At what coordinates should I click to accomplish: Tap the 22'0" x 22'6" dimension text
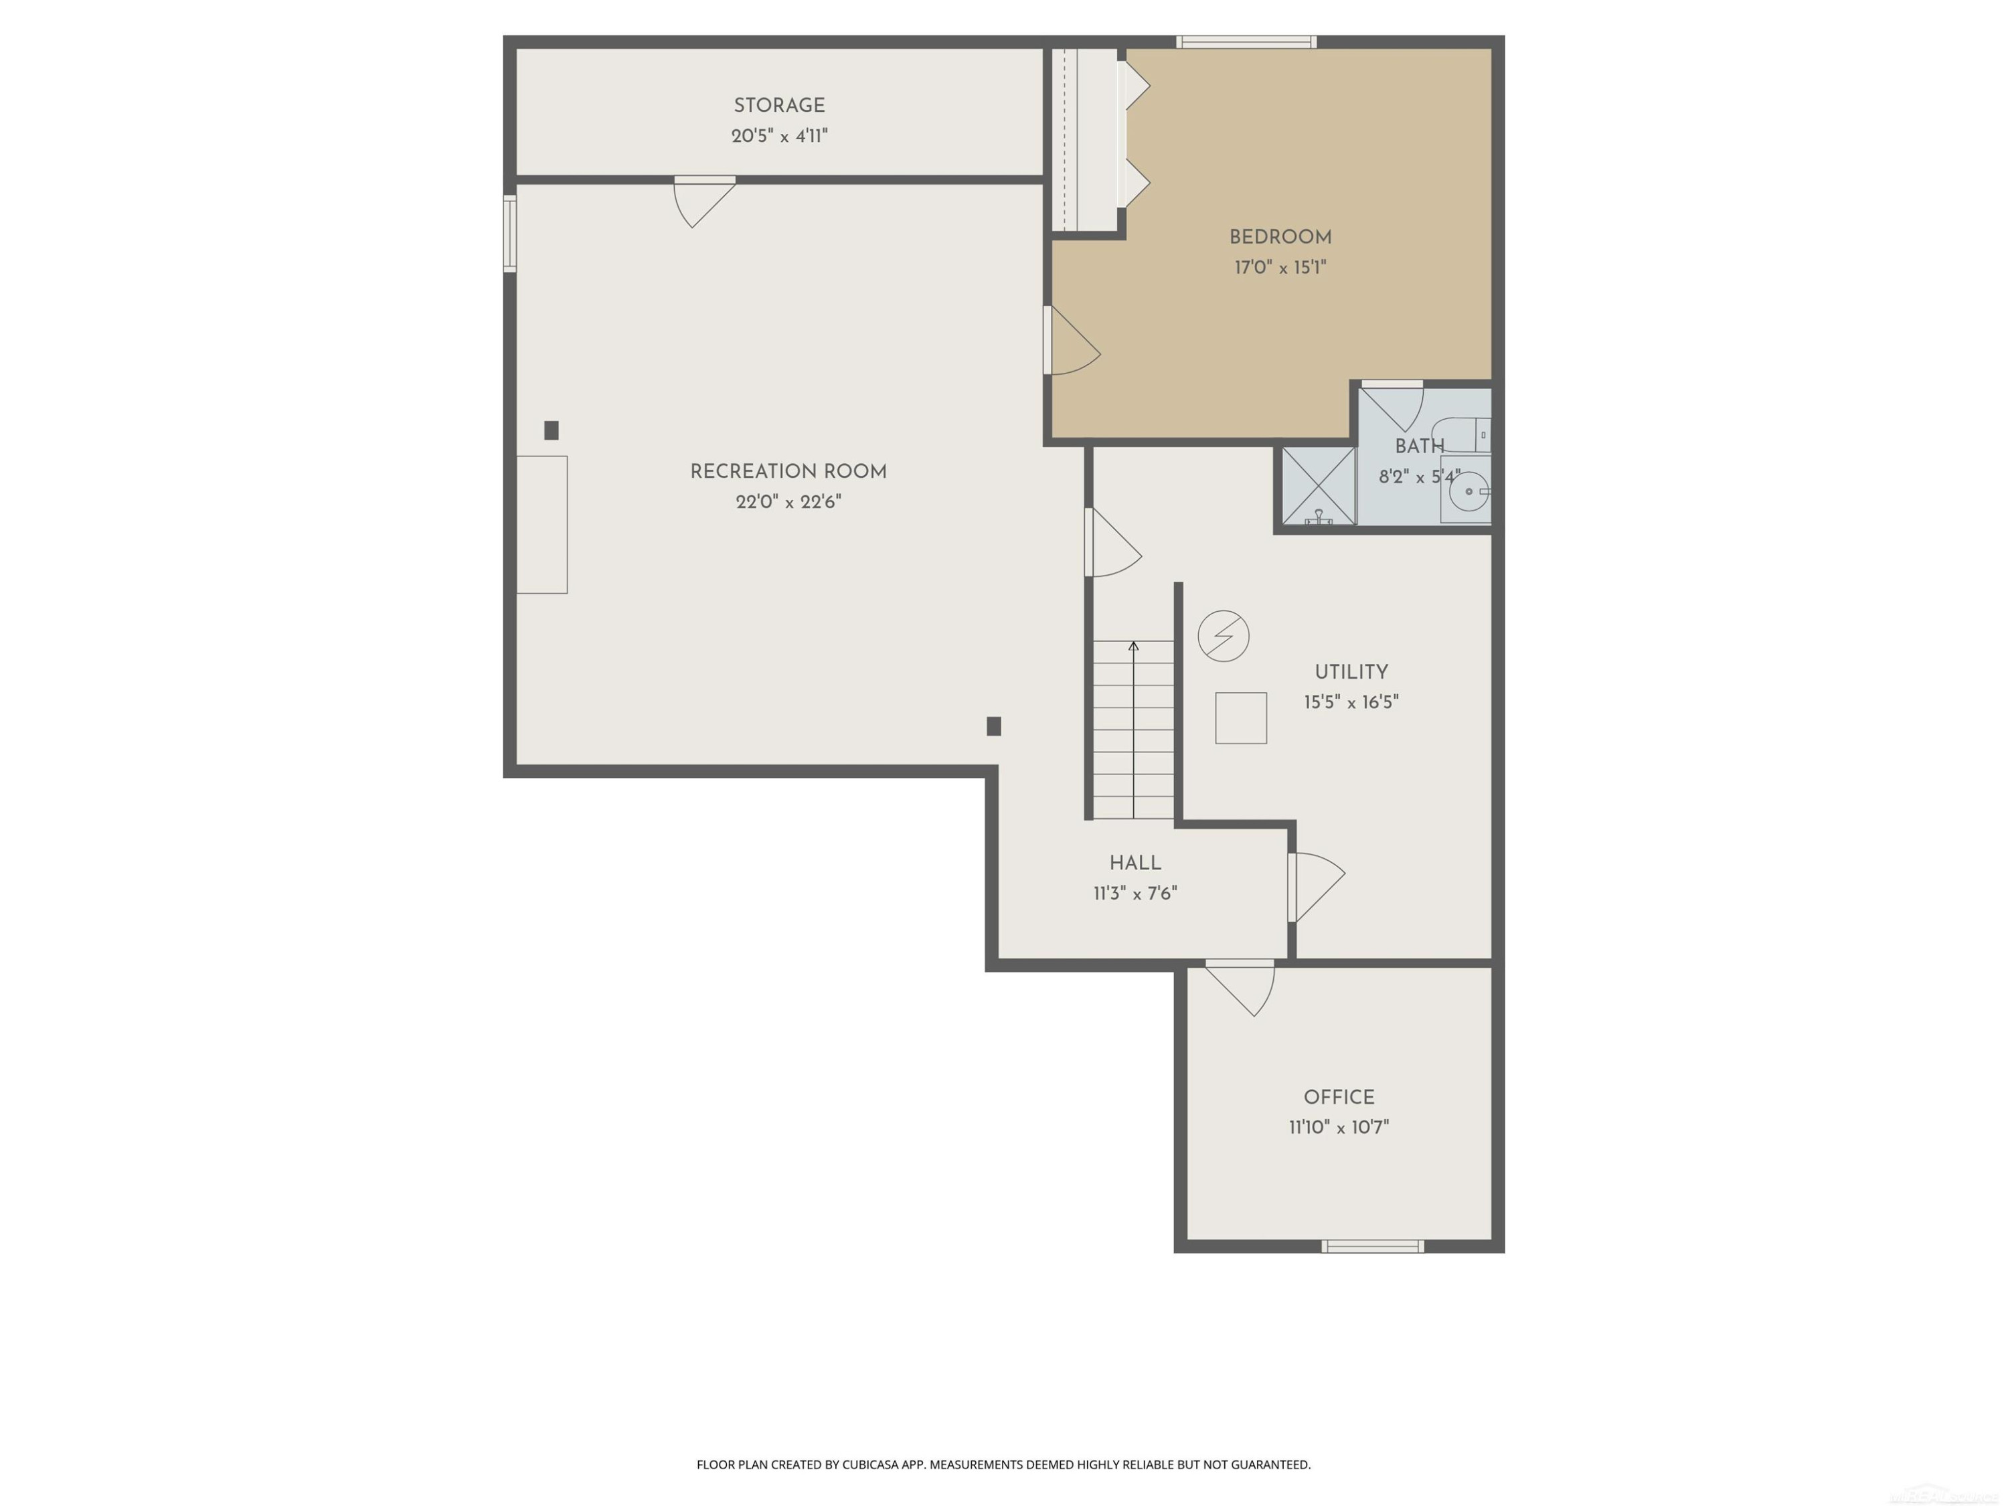788,502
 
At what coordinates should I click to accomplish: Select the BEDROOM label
1280,238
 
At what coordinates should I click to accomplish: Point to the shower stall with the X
1318,486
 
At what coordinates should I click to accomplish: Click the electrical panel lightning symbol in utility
1223,635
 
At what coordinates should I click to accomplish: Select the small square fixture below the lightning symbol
1240,718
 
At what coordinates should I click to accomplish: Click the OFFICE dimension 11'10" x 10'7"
1338,1127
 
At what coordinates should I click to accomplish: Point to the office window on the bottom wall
1371,1246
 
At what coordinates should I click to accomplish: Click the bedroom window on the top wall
1246,41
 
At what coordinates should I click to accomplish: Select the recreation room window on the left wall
510,234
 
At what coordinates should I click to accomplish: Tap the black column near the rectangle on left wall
551,430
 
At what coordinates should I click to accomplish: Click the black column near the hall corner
993,726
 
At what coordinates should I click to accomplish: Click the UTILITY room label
1351,673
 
